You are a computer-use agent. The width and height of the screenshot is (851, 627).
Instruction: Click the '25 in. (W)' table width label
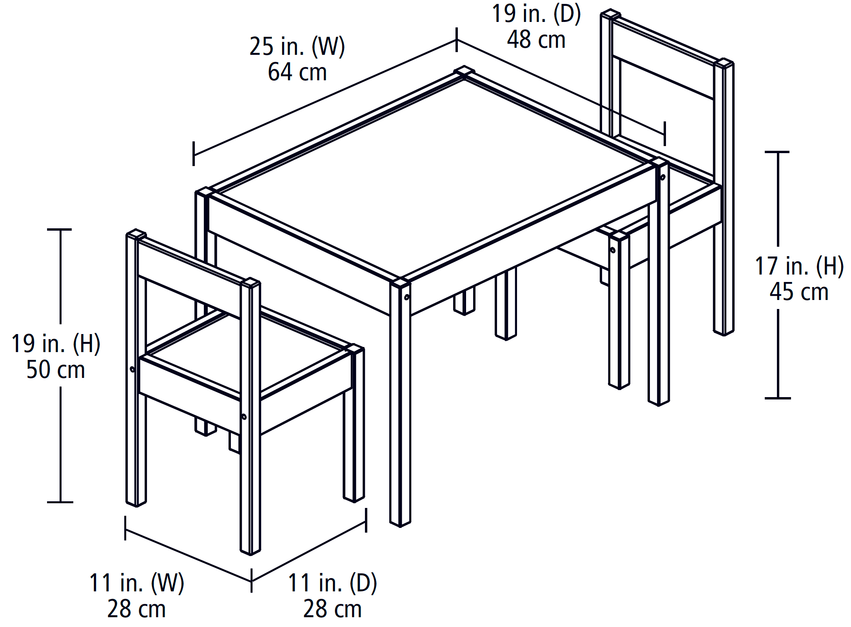tap(297, 47)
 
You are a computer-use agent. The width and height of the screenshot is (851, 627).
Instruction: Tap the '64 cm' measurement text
tap(297, 72)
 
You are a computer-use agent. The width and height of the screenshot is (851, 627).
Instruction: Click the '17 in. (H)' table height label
tap(799, 266)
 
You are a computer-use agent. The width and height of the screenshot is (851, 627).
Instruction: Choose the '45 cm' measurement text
tap(799, 292)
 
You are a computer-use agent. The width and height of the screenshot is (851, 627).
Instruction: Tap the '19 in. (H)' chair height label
tap(56, 344)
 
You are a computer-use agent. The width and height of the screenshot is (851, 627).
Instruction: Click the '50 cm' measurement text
tap(56, 370)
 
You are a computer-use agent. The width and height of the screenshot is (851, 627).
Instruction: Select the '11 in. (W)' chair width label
tap(136, 583)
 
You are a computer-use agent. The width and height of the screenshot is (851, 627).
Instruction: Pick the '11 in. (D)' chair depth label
tap(332, 583)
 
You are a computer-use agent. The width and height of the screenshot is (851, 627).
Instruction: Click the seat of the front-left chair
tap(247, 352)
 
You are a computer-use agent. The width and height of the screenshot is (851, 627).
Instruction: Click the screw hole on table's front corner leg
tap(406, 298)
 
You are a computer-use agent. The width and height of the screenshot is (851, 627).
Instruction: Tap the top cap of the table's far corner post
tap(465, 71)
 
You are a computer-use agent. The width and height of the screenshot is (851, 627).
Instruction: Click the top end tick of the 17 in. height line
tap(777, 152)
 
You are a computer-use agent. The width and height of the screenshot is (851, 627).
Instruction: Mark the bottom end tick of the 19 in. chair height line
tap(60, 502)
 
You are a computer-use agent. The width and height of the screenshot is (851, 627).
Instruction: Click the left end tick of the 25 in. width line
tap(194, 154)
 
